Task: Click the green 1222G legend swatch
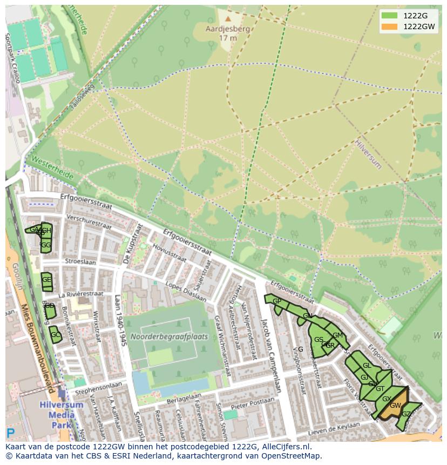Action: tap(389, 15)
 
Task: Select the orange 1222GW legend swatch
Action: tap(389, 26)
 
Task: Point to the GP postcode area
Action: tap(276, 301)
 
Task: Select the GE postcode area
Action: tap(46, 280)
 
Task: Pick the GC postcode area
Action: tap(55, 335)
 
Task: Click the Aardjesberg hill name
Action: tap(228, 29)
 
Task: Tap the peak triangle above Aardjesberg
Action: tap(228, 19)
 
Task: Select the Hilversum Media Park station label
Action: tap(61, 414)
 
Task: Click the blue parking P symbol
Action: tap(10, 433)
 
